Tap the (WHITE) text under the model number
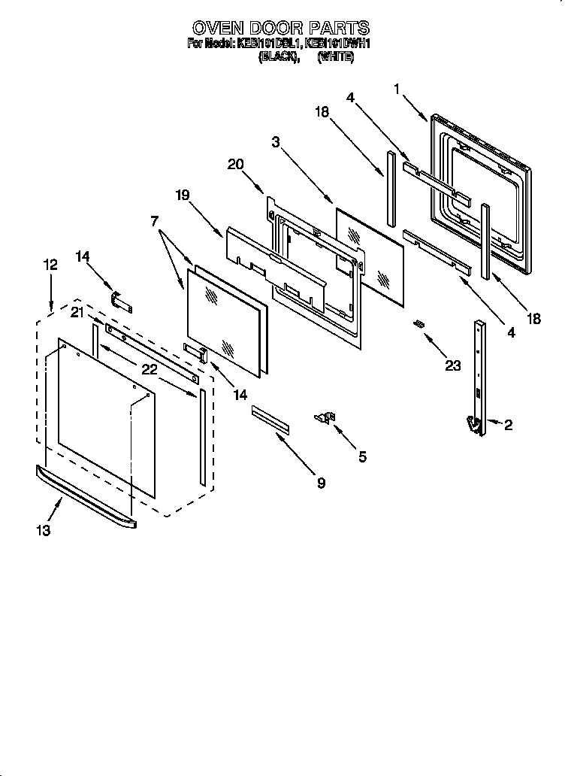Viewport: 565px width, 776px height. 335,56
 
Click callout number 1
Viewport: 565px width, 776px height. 397,89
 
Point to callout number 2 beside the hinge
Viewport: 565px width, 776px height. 509,426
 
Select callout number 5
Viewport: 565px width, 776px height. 362,456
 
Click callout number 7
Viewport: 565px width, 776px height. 155,221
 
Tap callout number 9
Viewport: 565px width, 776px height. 321,483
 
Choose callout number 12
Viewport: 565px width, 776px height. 50,265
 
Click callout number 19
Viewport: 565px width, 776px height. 183,195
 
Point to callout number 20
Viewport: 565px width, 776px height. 235,164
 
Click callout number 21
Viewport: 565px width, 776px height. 77,312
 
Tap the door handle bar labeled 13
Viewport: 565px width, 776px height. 86,496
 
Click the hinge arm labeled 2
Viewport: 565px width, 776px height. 478,376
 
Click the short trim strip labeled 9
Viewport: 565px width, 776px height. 270,418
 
